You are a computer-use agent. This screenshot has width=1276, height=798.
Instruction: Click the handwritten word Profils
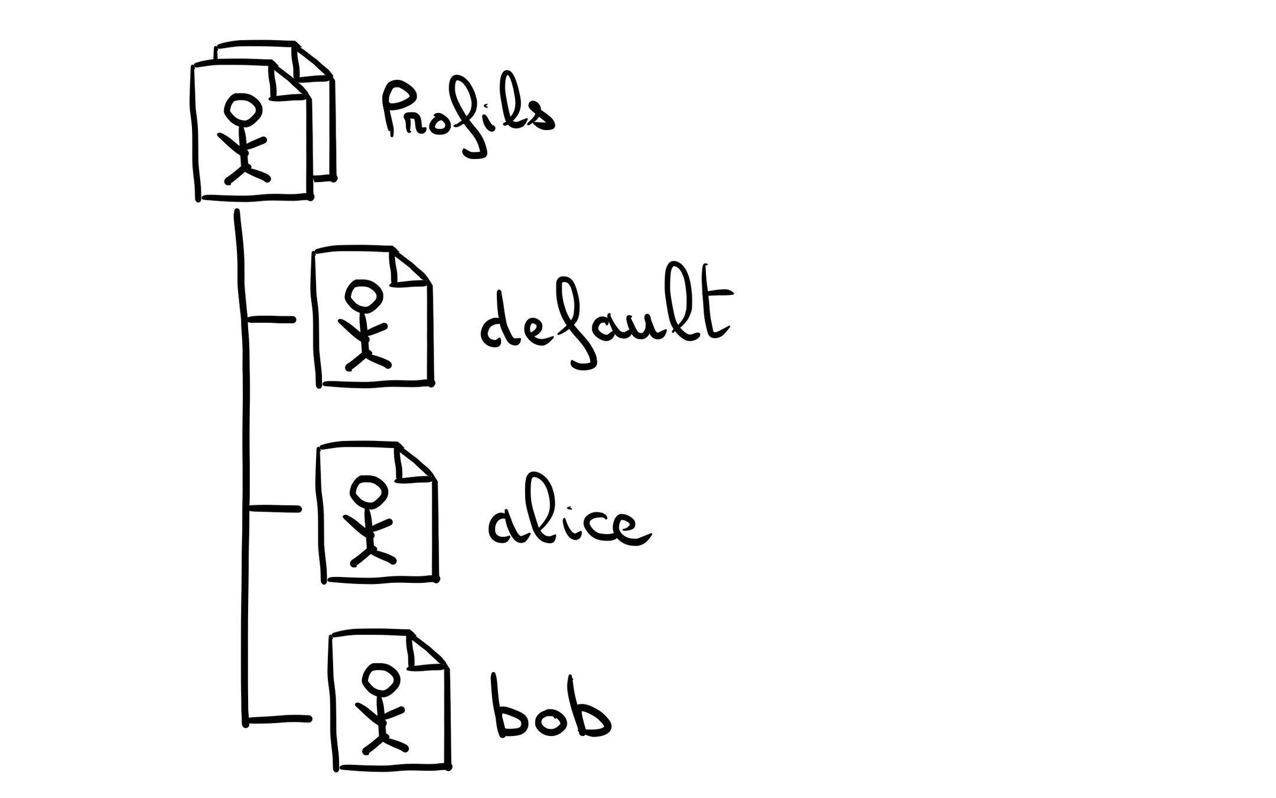(x=467, y=118)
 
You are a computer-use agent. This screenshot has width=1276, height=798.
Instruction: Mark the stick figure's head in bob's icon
(x=379, y=679)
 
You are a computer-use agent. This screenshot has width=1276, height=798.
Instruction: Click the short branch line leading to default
(x=271, y=320)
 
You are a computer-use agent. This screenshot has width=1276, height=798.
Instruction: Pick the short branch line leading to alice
(x=274, y=509)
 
